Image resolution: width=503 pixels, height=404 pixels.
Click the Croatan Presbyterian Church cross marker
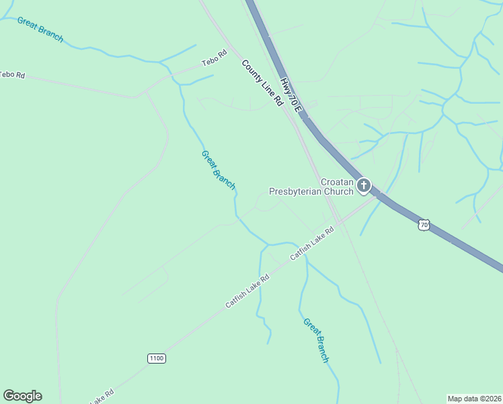(x=364, y=185)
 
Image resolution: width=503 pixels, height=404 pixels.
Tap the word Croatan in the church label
(x=336, y=182)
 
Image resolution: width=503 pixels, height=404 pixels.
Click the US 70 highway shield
(x=423, y=225)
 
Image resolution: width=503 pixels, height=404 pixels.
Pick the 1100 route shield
(x=157, y=358)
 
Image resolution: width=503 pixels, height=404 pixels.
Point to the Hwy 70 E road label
(x=293, y=94)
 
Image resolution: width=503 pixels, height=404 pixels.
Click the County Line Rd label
(x=262, y=82)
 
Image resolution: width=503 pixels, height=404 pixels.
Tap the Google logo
(x=22, y=396)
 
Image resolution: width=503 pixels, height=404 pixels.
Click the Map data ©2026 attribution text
(x=474, y=398)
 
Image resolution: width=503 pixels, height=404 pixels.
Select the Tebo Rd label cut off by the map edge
(x=12, y=75)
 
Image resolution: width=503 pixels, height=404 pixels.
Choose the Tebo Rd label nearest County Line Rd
(x=215, y=63)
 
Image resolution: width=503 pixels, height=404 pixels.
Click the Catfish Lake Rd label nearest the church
(x=312, y=244)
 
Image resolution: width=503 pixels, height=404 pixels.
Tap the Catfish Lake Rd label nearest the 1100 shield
(x=247, y=291)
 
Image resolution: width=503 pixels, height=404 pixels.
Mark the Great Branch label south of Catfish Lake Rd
(x=316, y=340)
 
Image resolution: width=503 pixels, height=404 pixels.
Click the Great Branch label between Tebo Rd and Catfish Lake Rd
(x=219, y=170)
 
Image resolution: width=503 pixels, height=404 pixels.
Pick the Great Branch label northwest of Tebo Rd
(x=40, y=30)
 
